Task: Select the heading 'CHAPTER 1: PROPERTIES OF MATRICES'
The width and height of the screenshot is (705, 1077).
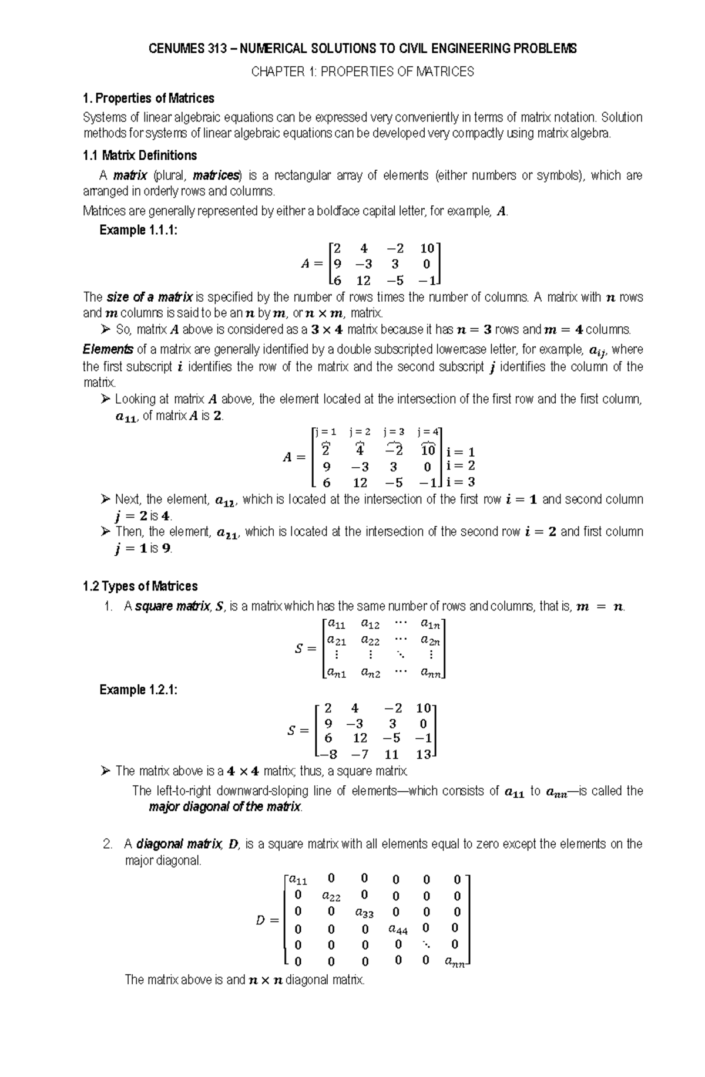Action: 362,72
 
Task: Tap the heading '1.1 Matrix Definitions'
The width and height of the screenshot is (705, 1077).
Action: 140,156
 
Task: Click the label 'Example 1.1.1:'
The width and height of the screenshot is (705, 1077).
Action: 138,230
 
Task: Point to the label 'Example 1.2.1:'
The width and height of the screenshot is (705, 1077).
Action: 138,690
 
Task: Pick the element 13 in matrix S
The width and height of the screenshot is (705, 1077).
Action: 423,755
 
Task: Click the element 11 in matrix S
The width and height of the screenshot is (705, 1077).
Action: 392,755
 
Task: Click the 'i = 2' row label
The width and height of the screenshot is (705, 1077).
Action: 461,466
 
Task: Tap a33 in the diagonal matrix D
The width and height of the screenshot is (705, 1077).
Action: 364,913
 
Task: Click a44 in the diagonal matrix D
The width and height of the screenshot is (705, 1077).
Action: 398,930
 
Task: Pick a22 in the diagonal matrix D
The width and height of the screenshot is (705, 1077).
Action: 331,897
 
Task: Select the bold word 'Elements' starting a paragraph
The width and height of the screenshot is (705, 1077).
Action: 108,350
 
